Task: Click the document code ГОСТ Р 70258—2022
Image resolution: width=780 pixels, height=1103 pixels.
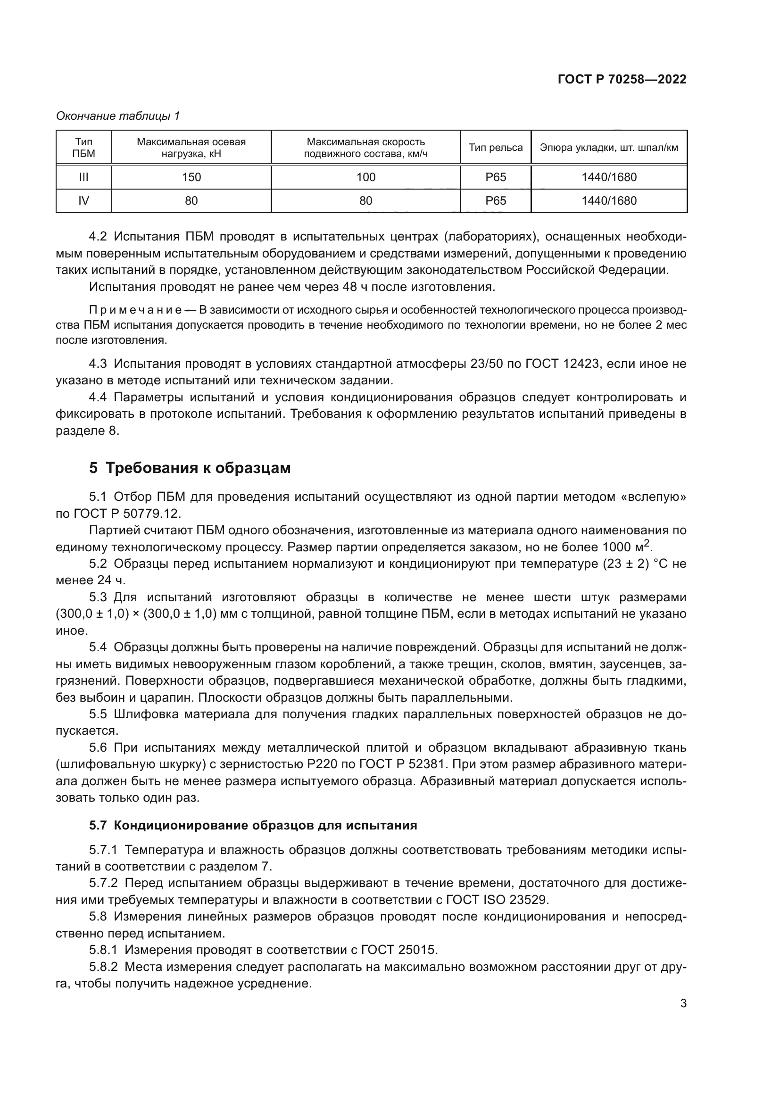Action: [x=622, y=79]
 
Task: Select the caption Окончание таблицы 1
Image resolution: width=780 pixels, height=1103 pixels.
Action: [x=118, y=116]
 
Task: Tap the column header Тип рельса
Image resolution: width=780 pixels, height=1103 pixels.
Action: [x=495, y=148]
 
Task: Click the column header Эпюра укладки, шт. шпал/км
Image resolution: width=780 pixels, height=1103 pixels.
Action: [x=608, y=148]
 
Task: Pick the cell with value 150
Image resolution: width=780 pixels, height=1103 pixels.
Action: [x=191, y=177]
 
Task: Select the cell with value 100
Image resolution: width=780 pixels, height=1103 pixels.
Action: [x=365, y=177]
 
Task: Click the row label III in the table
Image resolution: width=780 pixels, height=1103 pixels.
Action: [x=83, y=177]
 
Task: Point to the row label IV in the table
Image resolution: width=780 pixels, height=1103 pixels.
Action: [x=83, y=200]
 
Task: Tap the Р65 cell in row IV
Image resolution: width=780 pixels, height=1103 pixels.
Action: [x=495, y=200]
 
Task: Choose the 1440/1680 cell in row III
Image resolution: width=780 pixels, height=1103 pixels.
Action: [x=608, y=177]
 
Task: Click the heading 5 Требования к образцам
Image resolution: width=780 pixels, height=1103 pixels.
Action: [x=190, y=467]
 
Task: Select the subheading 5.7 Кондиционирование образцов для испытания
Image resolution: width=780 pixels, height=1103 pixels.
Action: [x=253, y=825]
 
